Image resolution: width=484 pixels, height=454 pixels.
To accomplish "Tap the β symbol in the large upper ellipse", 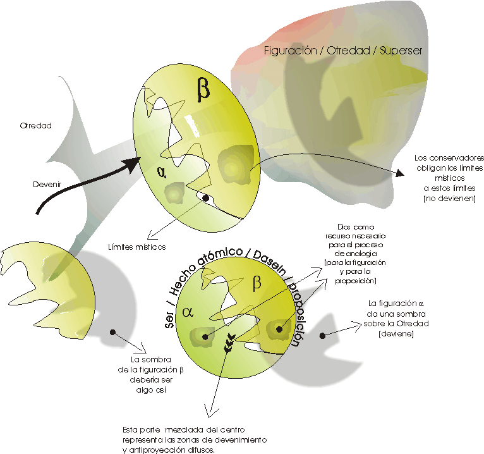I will [203, 90].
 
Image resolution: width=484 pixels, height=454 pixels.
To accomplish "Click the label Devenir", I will [45, 185].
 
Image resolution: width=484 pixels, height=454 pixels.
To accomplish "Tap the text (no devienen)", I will [449, 199].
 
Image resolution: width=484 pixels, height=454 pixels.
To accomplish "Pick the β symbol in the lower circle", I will [257, 283].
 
